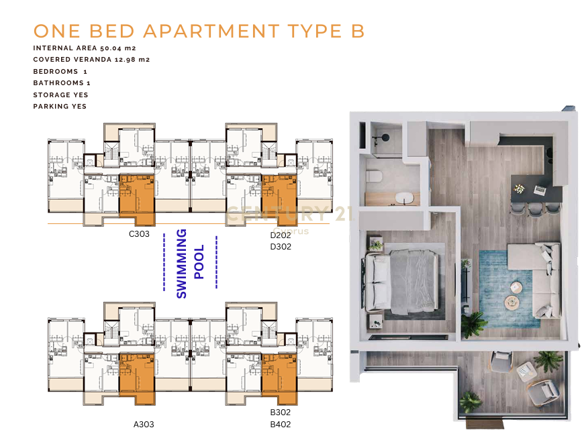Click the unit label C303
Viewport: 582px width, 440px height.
tap(139, 234)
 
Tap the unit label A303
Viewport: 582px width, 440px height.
tap(144, 425)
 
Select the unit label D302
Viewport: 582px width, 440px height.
tap(281, 247)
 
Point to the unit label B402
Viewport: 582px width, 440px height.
tap(280, 425)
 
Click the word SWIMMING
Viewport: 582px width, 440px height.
tap(181, 264)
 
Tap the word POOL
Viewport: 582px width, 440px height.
tap(199, 262)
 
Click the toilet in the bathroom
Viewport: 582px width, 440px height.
tap(374, 176)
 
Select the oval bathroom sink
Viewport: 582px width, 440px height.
tap(403, 198)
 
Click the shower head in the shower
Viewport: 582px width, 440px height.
tap(385, 137)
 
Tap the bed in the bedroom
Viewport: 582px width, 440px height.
tap(401, 281)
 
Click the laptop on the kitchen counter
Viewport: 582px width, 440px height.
tap(539, 190)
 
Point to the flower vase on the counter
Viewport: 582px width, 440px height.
tap(519, 189)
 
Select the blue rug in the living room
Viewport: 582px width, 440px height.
tap(510, 289)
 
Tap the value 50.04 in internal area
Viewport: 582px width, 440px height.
tap(111, 48)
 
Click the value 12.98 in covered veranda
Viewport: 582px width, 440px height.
tap(125, 60)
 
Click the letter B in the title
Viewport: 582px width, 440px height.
tap(358, 31)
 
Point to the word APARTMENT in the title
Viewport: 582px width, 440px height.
tap(211, 31)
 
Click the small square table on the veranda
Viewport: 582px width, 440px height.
tap(526, 371)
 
